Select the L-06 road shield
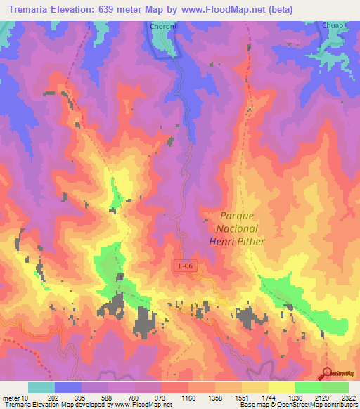[x=184, y=266]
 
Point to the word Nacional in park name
[x=235, y=228]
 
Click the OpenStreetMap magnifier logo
[x=329, y=374]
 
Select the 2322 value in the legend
[x=348, y=398]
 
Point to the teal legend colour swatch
[x=41, y=387]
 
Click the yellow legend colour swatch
[x=281, y=387]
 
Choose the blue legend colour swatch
[x=68, y=387]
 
